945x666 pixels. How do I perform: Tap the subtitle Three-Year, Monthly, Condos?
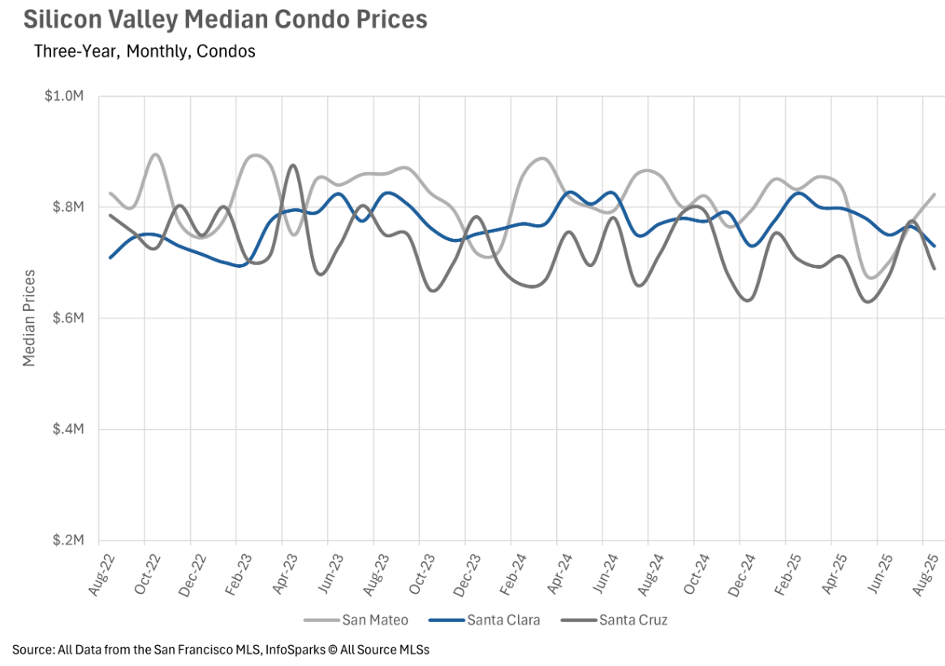click(145, 51)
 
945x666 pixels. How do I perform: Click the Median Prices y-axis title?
click(30, 318)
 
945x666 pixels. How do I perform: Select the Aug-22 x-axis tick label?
click(101, 572)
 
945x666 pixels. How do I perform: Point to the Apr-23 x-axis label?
click(284, 572)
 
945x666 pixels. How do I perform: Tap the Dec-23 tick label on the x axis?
click(468, 572)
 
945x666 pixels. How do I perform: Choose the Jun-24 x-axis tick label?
click(605, 572)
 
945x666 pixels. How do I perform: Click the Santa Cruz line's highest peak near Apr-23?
click(293, 166)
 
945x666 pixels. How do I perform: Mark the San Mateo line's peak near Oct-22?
click(155, 154)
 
